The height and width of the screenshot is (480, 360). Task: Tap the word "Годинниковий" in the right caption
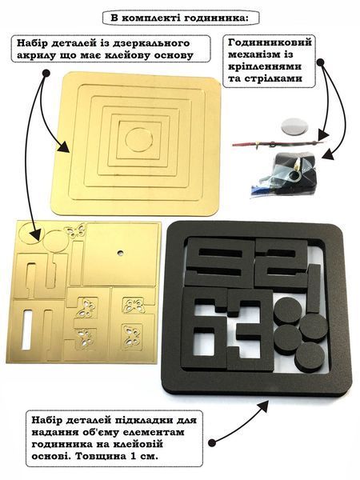[270, 42]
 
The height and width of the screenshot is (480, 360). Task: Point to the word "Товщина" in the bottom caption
[98, 456]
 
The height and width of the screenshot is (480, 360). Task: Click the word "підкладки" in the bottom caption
[146, 420]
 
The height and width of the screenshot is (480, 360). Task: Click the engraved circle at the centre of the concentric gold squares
[139, 140]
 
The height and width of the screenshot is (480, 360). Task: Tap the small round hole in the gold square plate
[120, 253]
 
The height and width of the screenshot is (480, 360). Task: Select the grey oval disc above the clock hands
[294, 126]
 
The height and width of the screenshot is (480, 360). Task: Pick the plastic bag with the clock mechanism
[282, 174]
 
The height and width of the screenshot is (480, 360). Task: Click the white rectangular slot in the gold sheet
[26, 330]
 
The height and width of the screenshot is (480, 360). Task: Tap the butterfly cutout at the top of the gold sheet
[74, 231]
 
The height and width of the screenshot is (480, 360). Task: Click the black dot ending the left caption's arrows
[46, 73]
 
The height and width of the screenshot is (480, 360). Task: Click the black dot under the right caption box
[320, 62]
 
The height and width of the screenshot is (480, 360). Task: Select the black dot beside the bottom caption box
[212, 442]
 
